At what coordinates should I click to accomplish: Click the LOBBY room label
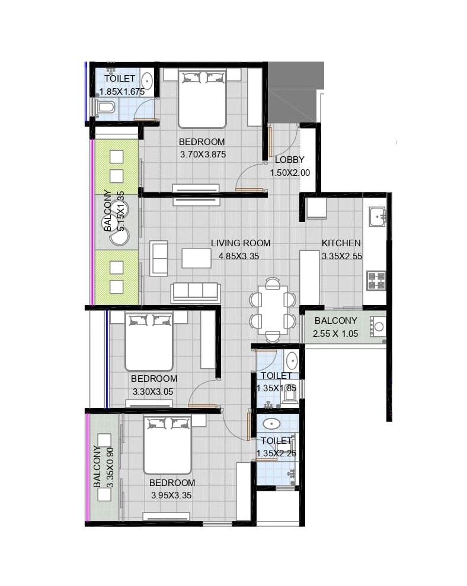[289, 160]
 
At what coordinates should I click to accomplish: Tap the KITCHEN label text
[341, 243]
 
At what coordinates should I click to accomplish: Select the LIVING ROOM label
[241, 243]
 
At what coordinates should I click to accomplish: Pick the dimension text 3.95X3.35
[172, 495]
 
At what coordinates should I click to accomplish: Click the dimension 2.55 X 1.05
[336, 334]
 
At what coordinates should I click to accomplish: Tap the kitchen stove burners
[376, 281]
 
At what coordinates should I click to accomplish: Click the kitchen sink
[377, 217]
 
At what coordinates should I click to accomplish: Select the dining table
[273, 310]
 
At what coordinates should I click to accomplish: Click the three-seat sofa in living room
[196, 292]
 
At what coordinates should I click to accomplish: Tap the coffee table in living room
[196, 258]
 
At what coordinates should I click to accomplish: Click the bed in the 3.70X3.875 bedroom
[202, 98]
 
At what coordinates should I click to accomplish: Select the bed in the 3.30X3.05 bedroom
[149, 342]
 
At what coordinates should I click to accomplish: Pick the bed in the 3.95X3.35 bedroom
[167, 445]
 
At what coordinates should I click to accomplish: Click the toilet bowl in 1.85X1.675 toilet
[105, 107]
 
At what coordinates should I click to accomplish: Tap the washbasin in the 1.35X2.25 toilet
[271, 424]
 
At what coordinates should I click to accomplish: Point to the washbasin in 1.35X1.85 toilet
[292, 360]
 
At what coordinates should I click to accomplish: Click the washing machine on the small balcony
[378, 326]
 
